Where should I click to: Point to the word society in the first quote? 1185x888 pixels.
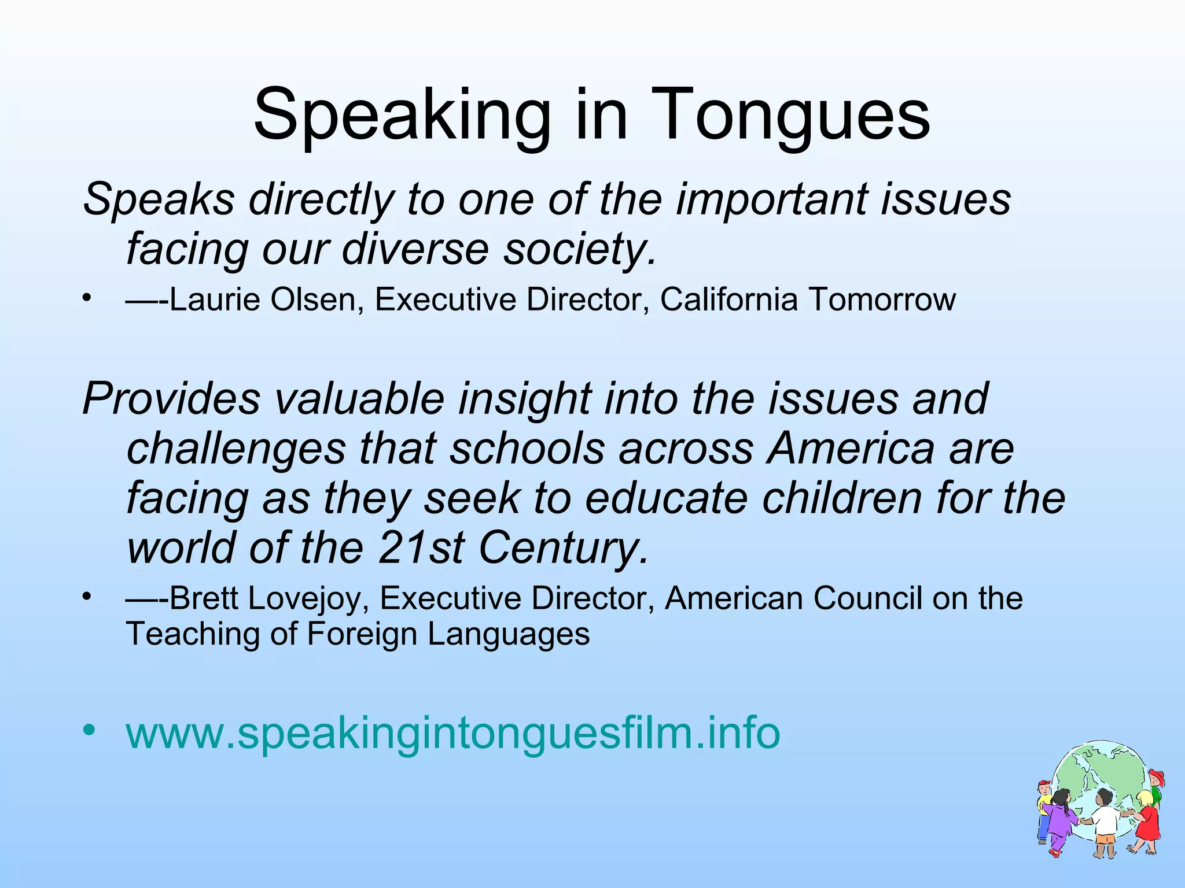pyautogui.click(x=579, y=249)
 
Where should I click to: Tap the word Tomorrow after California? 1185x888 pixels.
pyautogui.click(x=882, y=299)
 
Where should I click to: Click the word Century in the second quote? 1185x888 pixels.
pyautogui.click(x=562, y=548)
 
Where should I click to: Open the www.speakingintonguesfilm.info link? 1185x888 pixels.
pyautogui.click(x=453, y=732)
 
